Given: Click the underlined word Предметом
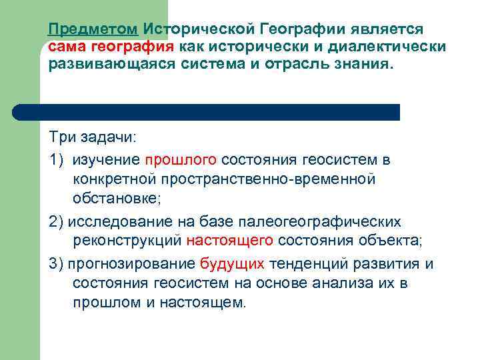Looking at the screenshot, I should (x=93, y=30).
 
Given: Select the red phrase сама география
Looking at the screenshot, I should (x=111, y=47).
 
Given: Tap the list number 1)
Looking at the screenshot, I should (x=56, y=160).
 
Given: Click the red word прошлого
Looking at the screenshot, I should (x=181, y=160).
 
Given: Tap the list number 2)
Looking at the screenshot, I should (x=56, y=221).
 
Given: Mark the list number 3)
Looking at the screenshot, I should (x=56, y=263).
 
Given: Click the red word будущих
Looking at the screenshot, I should (x=232, y=263).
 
